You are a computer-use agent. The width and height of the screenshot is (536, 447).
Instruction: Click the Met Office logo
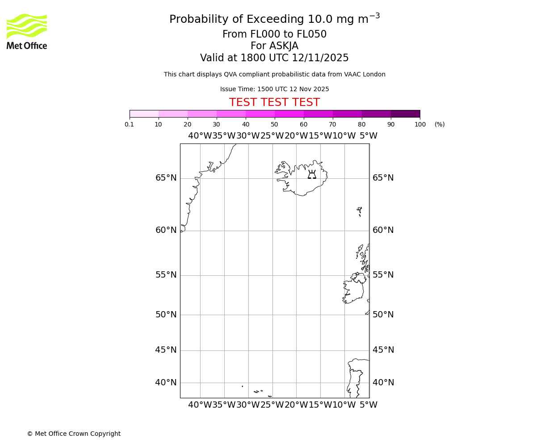pyautogui.click(x=27, y=31)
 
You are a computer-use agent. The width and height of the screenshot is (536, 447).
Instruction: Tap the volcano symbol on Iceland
pyautogui.click(x=312, y=174)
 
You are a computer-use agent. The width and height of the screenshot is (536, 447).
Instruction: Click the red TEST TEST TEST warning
pyautogui.click(x=274, y=102)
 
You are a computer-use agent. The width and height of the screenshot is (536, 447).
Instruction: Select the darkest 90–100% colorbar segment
pyautogui.click(x=405, y=114)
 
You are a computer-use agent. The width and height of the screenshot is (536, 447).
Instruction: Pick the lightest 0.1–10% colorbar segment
pyautogui.click(x=144, y=114)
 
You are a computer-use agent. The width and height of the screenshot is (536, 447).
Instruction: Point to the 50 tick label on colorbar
pyautogui.click(x=274, y=124)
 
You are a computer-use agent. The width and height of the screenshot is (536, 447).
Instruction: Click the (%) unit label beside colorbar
pyautogui.click(x=440, y=124)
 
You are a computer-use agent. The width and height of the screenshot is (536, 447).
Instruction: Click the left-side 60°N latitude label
pyautogui.click(x=166, y=230)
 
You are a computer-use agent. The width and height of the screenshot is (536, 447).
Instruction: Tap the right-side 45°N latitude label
pyautogui.click(x=383, y=350)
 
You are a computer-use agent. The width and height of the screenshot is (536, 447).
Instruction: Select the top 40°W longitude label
pyautogui.click(x=200, y=136)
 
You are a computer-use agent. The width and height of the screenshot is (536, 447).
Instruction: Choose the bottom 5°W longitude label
pyautogui.click(x=368, y=405)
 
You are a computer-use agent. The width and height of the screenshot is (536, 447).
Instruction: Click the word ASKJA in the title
pyautogui.click(x=284, y=46)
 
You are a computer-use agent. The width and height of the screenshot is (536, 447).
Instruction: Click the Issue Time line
pyautogui.click(x=274, y=89)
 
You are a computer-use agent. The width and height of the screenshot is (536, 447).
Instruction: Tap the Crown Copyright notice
pyautogui.click(x=74, y=434)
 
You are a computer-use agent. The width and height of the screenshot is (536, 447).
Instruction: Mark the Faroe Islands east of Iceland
pyautogui.click(x=360, y=211)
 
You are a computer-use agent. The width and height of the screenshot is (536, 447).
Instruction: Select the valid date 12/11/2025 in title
pyautogui.click(x=320, y=58)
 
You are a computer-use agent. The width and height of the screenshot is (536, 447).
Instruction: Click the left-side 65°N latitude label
pyautogui.click(x=166, y=178)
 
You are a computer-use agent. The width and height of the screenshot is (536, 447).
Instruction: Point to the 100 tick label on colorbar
pyautogui.click(x=420, y=124)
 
